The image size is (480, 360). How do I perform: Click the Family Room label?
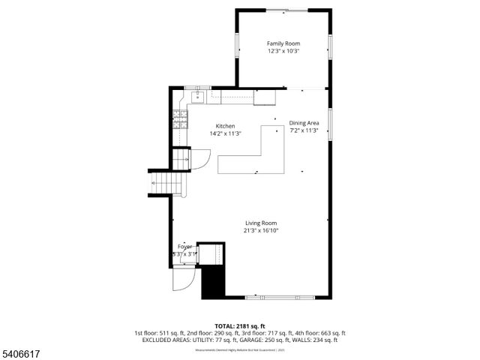(283, 44)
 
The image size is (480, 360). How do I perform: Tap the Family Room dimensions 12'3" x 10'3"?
(283, 52)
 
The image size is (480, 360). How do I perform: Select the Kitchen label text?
(225, 126)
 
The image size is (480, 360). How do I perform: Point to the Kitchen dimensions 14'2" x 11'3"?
(225, 133)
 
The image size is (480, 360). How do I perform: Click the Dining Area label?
(304, 123)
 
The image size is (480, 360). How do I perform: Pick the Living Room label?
(261, 223)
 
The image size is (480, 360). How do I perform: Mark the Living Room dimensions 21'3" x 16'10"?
(261, 230)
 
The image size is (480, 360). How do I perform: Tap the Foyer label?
(184, 246)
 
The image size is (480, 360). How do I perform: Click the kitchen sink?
(199, 96)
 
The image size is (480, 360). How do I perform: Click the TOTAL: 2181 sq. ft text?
(240, 326)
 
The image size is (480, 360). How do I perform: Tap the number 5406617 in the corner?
(17, 353)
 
